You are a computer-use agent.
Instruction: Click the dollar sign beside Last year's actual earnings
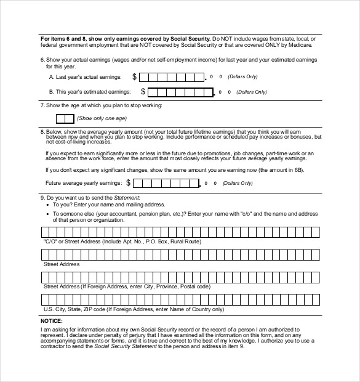coord(132,77)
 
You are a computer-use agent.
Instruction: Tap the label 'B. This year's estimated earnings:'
coord(90,92)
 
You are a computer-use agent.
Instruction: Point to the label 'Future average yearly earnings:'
coord(84,183)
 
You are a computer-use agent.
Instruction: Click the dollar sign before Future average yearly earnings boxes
coord(128,183)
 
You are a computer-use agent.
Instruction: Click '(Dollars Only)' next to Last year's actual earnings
coord(243,77)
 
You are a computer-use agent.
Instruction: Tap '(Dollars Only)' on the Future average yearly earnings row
coord(238,184)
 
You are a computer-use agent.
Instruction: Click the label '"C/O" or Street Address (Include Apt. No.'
coord(122,242)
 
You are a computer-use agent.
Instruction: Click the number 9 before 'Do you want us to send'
coord(42,197)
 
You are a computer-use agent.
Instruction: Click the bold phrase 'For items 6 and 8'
coord(65,38)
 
